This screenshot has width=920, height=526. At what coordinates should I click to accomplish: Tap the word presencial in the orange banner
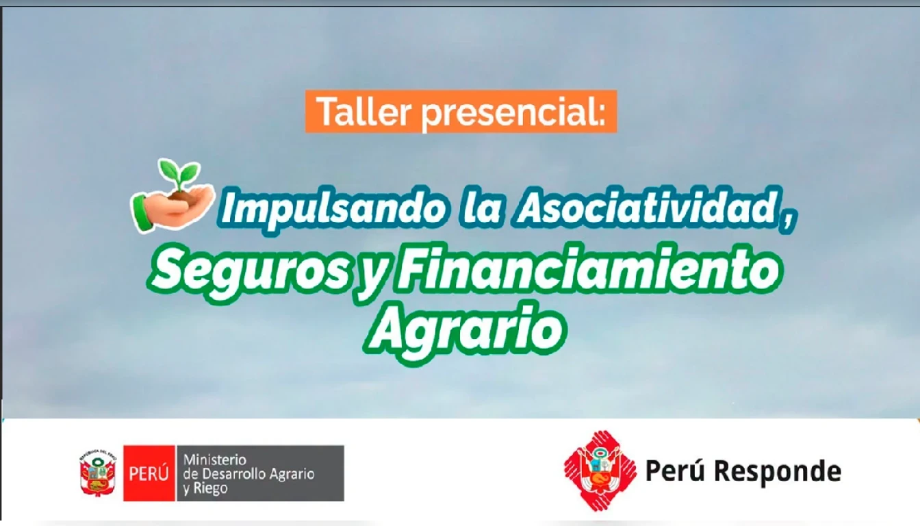click(x=514, y=114)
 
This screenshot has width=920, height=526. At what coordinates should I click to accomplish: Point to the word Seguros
click(x=249, y=272)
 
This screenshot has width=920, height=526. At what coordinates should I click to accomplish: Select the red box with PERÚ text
click(x=149, y=473)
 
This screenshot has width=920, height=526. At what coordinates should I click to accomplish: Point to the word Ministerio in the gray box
click(x=214, y=460)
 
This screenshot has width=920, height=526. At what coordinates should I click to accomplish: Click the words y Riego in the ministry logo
click(x=205, y=489)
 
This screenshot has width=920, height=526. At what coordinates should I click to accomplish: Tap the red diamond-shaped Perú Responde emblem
click(x=600, y=471)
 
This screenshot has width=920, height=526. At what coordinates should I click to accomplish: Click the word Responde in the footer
click(x=779, y=472)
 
